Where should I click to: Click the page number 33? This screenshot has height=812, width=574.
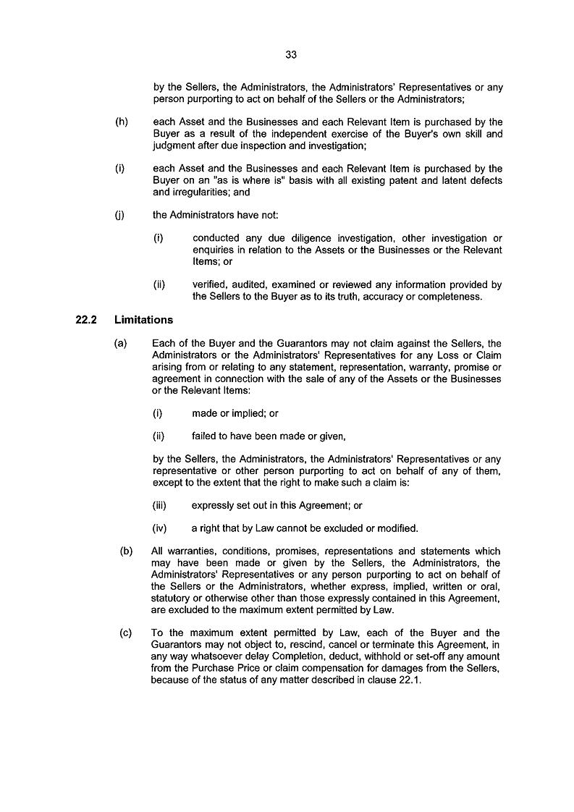click(x=292, y=54)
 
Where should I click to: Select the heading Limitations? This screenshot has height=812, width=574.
click(x=143, y=319)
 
